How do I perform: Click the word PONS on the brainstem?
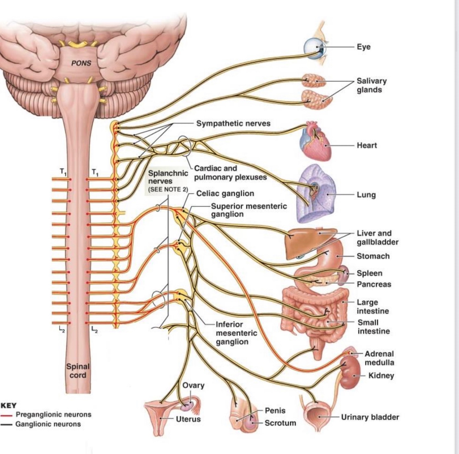pos(81,63)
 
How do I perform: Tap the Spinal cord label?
pos(78,371)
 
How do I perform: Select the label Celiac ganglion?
pos(225,193)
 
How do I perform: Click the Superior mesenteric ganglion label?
pos(248,210)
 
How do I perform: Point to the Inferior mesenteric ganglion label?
pos(236,333)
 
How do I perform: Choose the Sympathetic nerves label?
pos(233,123)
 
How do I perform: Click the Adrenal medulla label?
pos(379,358)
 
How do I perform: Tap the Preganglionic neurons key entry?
pos(53,415)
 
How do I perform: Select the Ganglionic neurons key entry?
pos(48,424)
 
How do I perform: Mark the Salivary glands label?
pos(372,85)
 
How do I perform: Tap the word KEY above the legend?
pos(9,405)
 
